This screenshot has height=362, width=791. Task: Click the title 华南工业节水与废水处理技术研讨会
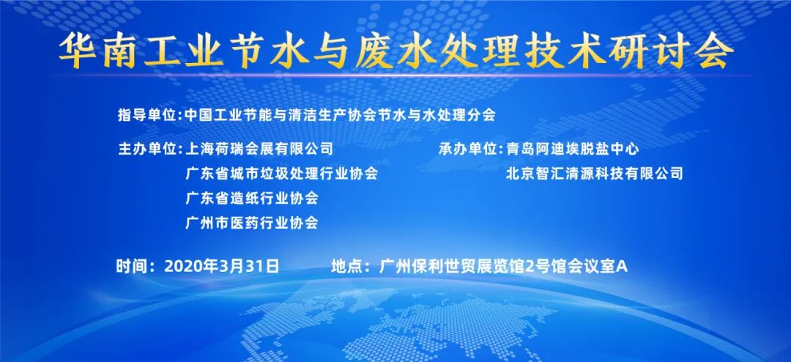pos(396,51)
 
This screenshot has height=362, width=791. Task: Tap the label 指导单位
pos(148,115)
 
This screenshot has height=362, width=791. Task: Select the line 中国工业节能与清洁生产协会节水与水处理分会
pos(341,115)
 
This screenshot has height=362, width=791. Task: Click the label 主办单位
pos(148,149)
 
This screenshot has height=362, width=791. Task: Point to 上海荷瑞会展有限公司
pos(259,149)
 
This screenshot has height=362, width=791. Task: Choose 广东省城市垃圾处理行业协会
pos(281,174)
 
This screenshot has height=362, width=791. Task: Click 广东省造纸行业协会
pos(252,198)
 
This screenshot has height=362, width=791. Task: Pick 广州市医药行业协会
pos(252,223)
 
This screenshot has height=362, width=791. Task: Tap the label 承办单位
pos(469,149)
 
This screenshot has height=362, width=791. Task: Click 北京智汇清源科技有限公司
pos(595,174)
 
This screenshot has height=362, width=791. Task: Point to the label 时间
pos(130,266)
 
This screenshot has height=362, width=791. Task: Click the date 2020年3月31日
pos(221,266)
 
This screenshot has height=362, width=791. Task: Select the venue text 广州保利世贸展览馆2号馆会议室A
pos(503,266)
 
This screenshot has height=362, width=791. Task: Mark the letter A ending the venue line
pos(623,267)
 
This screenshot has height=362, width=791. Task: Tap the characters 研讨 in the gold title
pos(647,51)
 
